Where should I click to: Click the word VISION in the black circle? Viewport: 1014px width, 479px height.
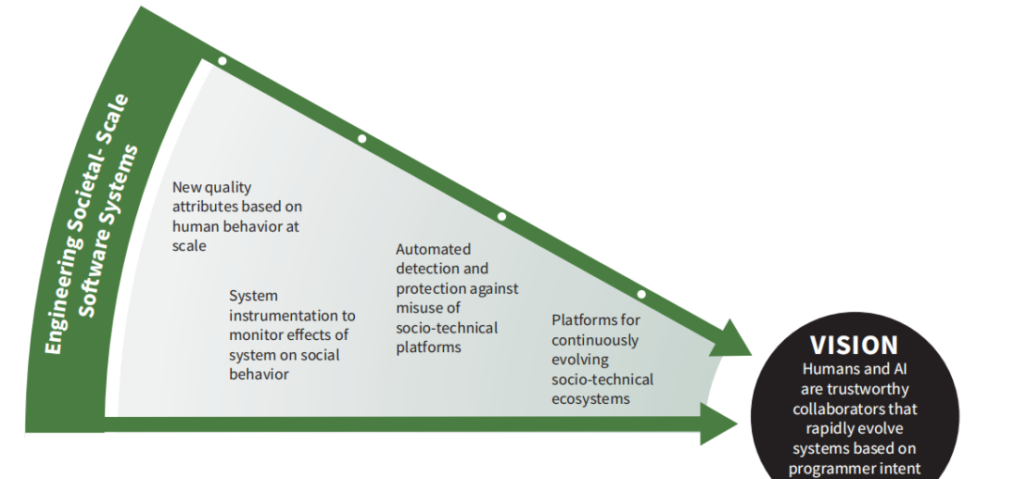(853, 345)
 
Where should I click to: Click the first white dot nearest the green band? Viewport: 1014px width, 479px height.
(223, 61)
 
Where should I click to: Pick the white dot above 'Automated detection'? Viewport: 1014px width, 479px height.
(501, 216)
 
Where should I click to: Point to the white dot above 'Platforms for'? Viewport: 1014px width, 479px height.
(641, 294)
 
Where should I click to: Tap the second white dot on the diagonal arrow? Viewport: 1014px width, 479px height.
(362, 139)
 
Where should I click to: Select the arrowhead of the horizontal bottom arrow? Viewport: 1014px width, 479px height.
(720, 423)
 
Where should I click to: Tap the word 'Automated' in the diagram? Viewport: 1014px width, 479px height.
(433, 249)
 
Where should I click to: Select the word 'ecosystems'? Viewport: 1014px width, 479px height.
(590, 398)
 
